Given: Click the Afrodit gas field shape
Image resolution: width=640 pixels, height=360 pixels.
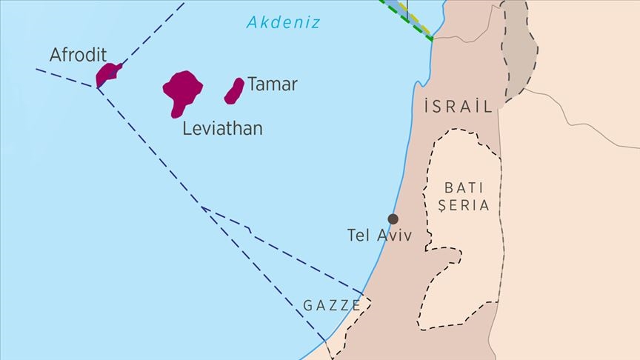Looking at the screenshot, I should point(108,73).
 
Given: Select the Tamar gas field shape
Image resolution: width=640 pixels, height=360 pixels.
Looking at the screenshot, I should point(234,90).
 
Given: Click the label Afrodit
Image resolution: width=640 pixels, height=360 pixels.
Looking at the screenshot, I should point(79,55).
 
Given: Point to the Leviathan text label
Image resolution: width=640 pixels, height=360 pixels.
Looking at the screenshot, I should point(222,129).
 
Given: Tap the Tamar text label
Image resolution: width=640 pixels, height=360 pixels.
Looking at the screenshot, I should point(273,84).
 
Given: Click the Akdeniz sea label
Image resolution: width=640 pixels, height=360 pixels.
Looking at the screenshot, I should point(284,22).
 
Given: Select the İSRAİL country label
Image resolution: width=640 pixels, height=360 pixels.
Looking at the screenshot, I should point(459,107).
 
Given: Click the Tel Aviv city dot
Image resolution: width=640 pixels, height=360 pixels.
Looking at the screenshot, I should point(393,219).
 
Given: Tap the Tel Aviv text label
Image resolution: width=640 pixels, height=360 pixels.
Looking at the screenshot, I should point(379,236).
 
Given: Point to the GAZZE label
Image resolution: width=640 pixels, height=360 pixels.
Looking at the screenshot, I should point(332,305).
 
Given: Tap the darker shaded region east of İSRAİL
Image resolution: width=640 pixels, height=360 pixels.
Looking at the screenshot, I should point(518,52).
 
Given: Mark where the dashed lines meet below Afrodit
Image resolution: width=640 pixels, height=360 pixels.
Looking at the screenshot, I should point(96,87).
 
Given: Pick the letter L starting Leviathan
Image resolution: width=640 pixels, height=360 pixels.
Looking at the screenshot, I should point(187,129).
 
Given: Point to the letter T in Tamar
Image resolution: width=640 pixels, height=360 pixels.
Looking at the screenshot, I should point(253,84).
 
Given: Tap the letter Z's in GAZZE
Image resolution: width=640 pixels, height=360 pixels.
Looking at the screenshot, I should point(333,305).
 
